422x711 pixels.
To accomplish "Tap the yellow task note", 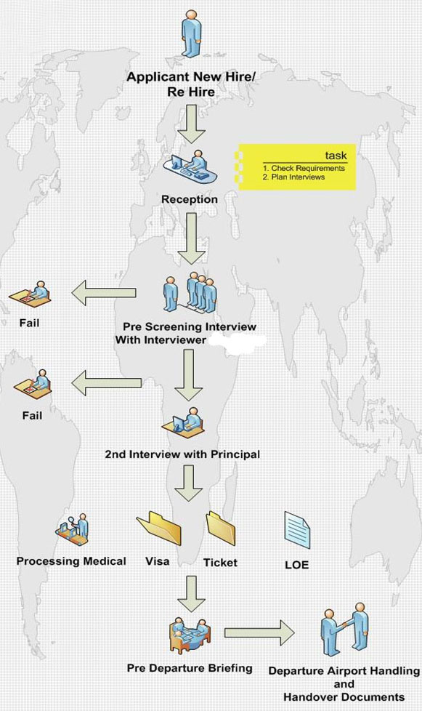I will (x=298, y=166).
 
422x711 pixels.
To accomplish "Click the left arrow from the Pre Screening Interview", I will (x=105, y=294).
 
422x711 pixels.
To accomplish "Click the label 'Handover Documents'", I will (x=344, y=696).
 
